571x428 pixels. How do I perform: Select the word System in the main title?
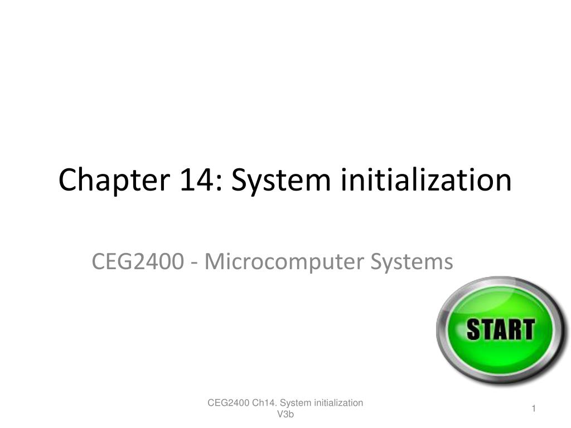(x=280, y=180)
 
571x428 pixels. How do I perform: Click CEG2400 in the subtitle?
(x=137, y=261)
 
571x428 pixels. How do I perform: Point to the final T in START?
(x=526, y=329)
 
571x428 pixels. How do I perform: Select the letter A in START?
(x=499, y=329)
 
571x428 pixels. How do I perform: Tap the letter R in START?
(x=512, y=329)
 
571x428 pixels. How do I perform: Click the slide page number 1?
(x=534, y=409)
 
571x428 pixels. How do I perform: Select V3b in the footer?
(x=285, y=414)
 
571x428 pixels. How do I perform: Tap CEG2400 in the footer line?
(x=228, y=403)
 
